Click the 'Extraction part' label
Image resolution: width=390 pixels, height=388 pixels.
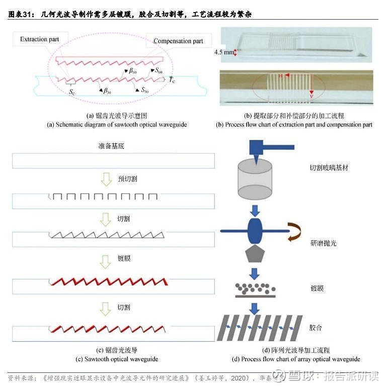40,39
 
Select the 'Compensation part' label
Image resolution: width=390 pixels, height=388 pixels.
178,41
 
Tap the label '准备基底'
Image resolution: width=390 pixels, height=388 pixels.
111,146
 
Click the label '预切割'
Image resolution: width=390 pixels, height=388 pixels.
127,179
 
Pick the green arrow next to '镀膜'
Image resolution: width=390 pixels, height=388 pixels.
106,261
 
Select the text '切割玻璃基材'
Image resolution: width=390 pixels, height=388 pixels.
329,168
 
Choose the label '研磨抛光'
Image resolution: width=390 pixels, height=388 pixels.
324,243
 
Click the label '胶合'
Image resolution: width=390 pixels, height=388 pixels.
316,328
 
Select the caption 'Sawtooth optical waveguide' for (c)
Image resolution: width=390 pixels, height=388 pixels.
117,359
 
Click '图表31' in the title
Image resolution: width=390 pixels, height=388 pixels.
22,15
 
